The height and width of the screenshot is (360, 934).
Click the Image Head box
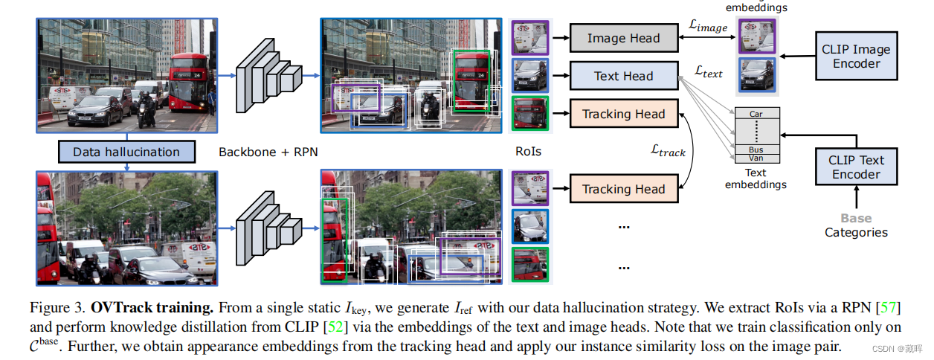tap(624, 38)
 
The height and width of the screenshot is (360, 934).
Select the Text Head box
tap(624, 76)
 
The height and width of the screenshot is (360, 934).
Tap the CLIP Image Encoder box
tap(856, 57)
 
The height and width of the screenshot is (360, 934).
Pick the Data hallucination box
tap(126, 152)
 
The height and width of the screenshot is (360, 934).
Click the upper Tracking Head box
tap(624, 114)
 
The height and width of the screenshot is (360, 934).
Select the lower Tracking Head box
tap(624, 189)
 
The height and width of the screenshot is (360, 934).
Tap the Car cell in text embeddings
tap(756, 114)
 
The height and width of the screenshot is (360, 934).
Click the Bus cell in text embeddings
tap(756, 150)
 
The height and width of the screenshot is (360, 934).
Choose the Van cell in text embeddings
tap(756, 158)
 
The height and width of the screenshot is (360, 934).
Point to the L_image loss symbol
tap(707, 27)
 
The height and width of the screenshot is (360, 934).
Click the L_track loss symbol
tap(668, 151)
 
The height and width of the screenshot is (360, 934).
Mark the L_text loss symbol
tap(708, 72)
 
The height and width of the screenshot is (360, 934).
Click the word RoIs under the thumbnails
tap(528, 152)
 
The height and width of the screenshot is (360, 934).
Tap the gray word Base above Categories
tap(856, 219)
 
